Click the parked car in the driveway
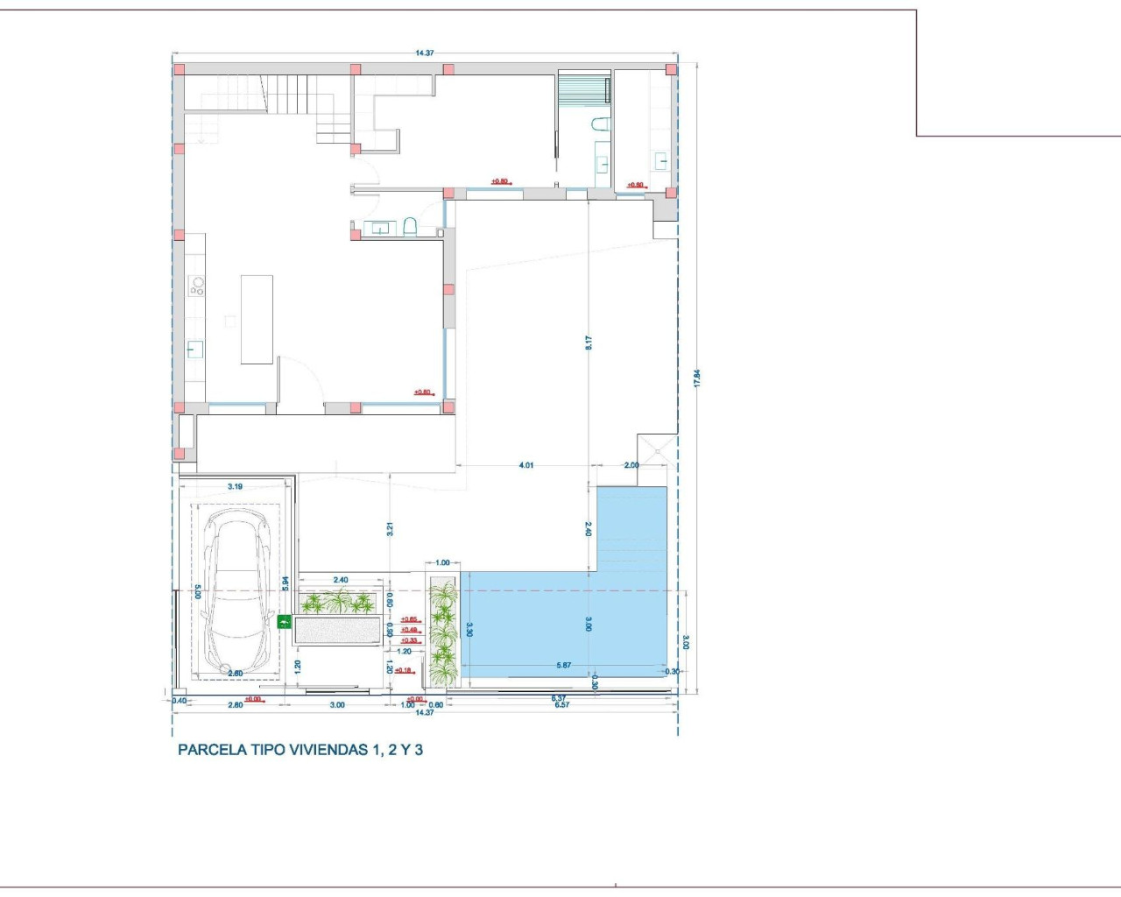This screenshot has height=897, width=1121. [x=236, y=593]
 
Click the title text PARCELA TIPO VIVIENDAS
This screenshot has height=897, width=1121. [x=300, y=750]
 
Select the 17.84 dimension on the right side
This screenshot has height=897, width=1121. [x=697, y=378]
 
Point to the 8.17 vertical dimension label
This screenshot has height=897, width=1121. [x=589, y=343]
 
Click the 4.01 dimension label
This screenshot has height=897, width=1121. [x=525, y=465]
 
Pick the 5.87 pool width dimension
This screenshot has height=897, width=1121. [x=563, y=666]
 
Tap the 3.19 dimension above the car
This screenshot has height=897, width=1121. [x=235, y=486]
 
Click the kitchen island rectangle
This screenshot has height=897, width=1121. [x=257, y=320]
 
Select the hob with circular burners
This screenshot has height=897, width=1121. [x=197, y=286]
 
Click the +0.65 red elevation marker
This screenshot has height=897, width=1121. [x=409, y=619]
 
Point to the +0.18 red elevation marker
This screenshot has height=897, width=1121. [x=403, y=670]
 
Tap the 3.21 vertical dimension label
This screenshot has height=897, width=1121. [x=390, y=529]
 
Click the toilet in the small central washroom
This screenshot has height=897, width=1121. [x=410, y=229]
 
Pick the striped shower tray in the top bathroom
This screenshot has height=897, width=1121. [x=582, y=91]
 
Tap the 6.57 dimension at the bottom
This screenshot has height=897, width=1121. [x=561, y=705]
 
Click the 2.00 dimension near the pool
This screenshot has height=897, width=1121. [x=631, y=465]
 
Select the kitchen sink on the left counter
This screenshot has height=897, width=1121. [x=194, y=350]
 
